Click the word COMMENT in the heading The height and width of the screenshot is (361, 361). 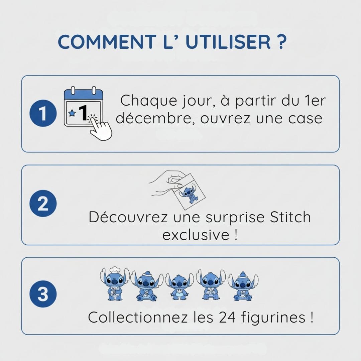pos(107,42)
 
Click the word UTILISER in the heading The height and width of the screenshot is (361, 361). pos(228,42)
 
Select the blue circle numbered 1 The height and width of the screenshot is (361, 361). pos(43,113)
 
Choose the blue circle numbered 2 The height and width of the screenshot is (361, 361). pos(43,203)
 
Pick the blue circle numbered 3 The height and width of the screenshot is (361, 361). pos(43,294)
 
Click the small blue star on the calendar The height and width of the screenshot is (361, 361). pos(72,113)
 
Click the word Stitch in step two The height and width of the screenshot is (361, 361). pos(290,217)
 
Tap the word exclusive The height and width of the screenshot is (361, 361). pos(196,235)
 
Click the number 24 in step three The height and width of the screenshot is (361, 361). pos(227,317)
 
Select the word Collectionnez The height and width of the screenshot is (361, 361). pos(138,317)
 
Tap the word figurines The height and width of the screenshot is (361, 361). pos(273,318)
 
